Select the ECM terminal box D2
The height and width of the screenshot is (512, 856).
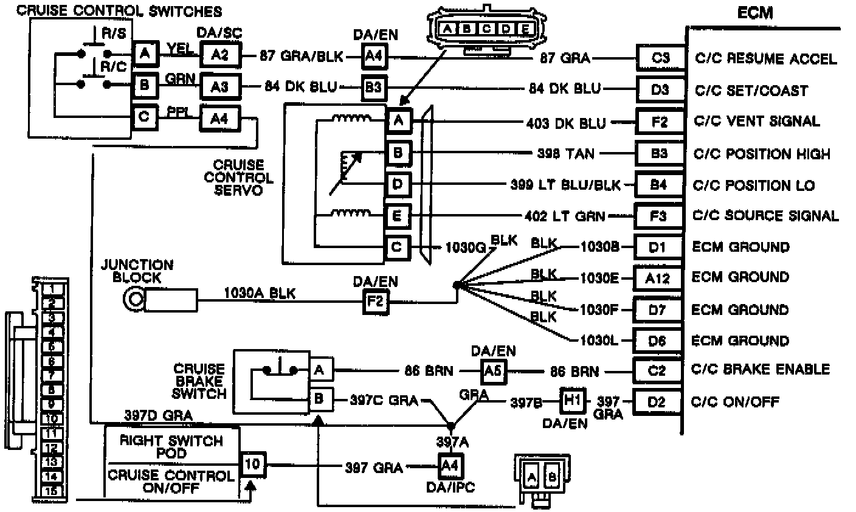657,402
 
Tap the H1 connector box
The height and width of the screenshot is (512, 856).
572,401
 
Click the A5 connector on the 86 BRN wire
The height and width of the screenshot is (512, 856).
493,370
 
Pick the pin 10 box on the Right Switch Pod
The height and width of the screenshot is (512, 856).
252,466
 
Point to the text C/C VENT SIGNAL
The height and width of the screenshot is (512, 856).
757,122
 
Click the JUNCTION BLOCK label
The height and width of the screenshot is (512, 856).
137,271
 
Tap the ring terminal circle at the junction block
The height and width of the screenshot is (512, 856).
133,299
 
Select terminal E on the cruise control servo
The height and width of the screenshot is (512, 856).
398,215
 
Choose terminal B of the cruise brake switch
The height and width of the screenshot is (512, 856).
320,400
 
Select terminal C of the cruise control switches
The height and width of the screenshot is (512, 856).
144,116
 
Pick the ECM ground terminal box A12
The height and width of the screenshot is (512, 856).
658,278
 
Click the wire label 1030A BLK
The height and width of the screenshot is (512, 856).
260,294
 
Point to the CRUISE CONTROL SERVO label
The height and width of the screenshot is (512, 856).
238,178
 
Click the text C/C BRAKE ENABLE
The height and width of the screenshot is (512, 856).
761,370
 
